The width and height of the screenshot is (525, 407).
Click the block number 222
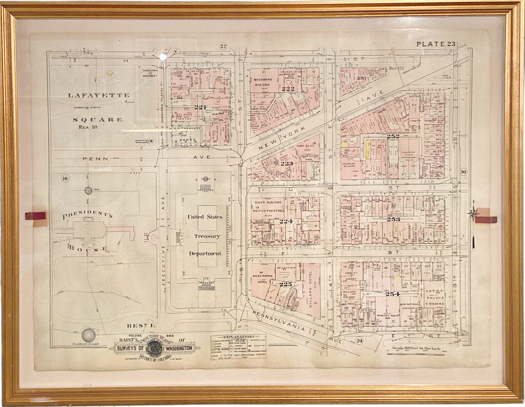[288, 89]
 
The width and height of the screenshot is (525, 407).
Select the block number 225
[286, 284]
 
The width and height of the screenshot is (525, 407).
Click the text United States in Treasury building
[205, 217]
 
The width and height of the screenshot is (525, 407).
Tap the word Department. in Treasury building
[206, 253]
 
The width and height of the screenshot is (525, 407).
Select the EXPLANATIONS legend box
[238, 347]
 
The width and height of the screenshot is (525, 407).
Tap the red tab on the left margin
[35, 216]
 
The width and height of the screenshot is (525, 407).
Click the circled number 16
[65, 178]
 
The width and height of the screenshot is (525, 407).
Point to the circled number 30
[463, 173]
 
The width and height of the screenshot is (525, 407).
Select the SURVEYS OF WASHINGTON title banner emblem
[153, 348]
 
